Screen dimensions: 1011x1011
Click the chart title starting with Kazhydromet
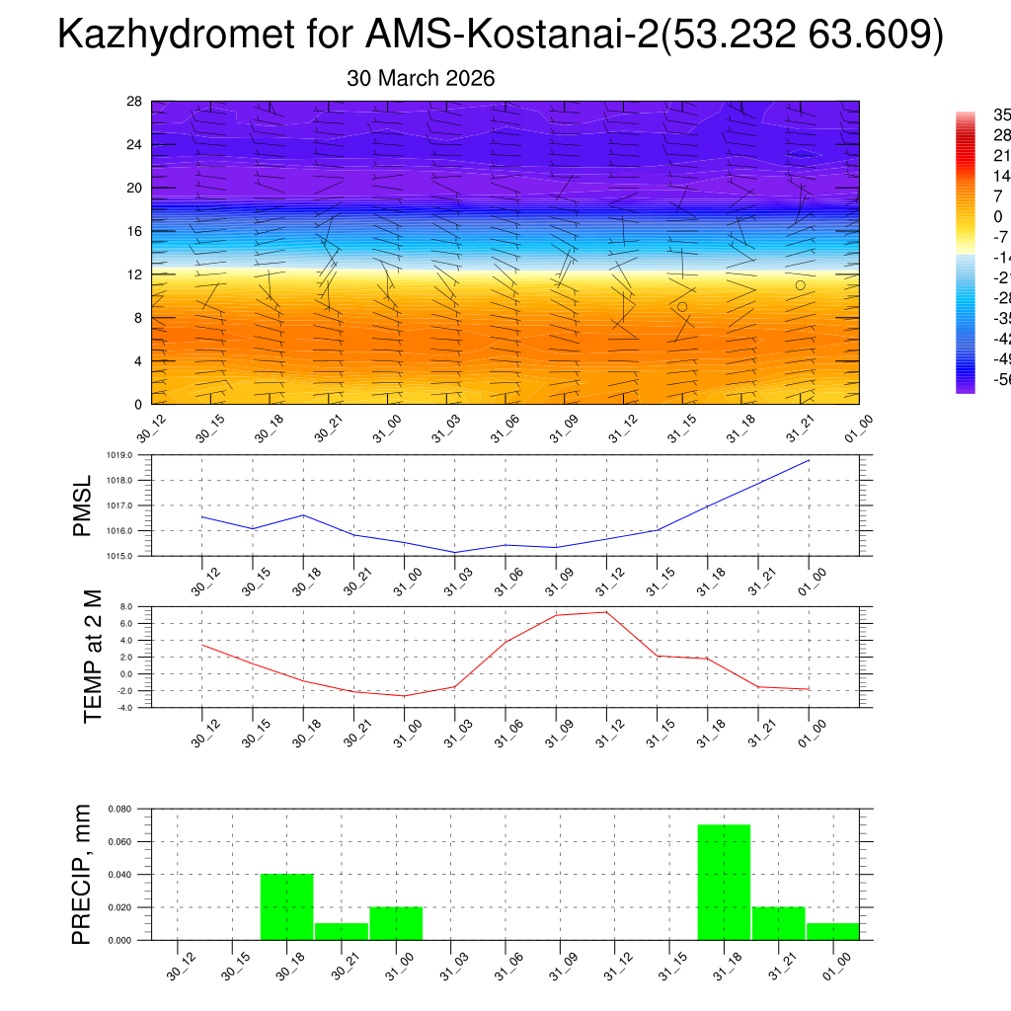coord(502,36)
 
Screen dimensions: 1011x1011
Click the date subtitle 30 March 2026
coord(421,78)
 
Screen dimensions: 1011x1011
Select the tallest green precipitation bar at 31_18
coord(724,882)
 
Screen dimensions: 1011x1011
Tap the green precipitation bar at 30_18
coord(287,906)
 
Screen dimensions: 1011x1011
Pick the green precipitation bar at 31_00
coord(396,923)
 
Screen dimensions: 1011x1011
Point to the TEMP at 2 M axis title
coord(93,657)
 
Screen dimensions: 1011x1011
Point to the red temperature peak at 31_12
coord(606,612)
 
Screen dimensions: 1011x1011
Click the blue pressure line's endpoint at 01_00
coord(809,460)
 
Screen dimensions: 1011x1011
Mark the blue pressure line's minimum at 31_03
coord(455,552)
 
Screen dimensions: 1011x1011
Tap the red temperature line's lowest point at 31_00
coord(404,696)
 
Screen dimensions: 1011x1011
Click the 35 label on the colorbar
coord(1000,115)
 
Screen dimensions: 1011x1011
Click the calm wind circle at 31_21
coord(800,285)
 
